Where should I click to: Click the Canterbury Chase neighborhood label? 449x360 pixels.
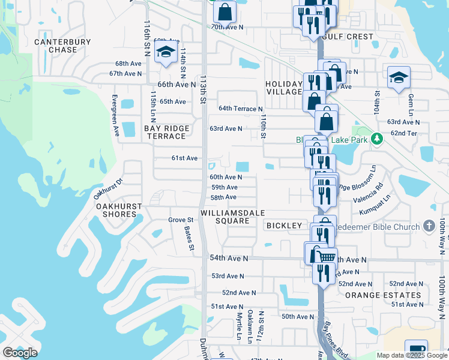62,46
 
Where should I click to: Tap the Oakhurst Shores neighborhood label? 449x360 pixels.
119,210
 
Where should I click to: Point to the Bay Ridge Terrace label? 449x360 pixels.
166,132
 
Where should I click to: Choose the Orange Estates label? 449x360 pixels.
383,295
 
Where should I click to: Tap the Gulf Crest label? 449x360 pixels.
348,37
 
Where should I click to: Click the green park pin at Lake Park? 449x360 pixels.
376,139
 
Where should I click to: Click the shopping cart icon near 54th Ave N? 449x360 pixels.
326,257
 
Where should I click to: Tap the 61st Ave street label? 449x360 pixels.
184,158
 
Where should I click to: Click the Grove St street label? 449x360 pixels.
181,220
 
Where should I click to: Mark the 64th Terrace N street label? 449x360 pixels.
241,109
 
